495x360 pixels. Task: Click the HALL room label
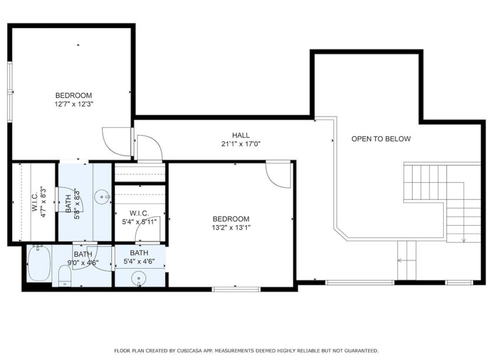[x=241, y=136]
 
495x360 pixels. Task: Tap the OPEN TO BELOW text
[x=381, y=139]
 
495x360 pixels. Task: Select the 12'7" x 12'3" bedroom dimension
[x=74, y=104]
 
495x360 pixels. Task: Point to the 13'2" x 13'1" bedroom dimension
[x=231, y=227]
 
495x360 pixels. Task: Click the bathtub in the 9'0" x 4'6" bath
[x=38, y=264]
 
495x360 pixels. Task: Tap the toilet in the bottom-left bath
[x=65, y=276]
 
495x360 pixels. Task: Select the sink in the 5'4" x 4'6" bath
[x=138, y=278]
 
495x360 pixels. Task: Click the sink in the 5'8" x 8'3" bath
[x=102, y=197]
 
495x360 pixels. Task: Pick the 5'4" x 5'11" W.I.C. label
[x=139, y=217]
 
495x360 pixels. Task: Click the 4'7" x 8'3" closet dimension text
[x=44, y=203]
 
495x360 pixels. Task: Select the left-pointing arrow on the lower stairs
[x=407, y=260]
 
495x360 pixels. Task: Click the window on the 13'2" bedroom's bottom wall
[x=236, y=289]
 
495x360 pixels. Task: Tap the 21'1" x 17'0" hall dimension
[x=241, y=144]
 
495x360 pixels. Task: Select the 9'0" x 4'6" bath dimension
[x=83, y=262]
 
